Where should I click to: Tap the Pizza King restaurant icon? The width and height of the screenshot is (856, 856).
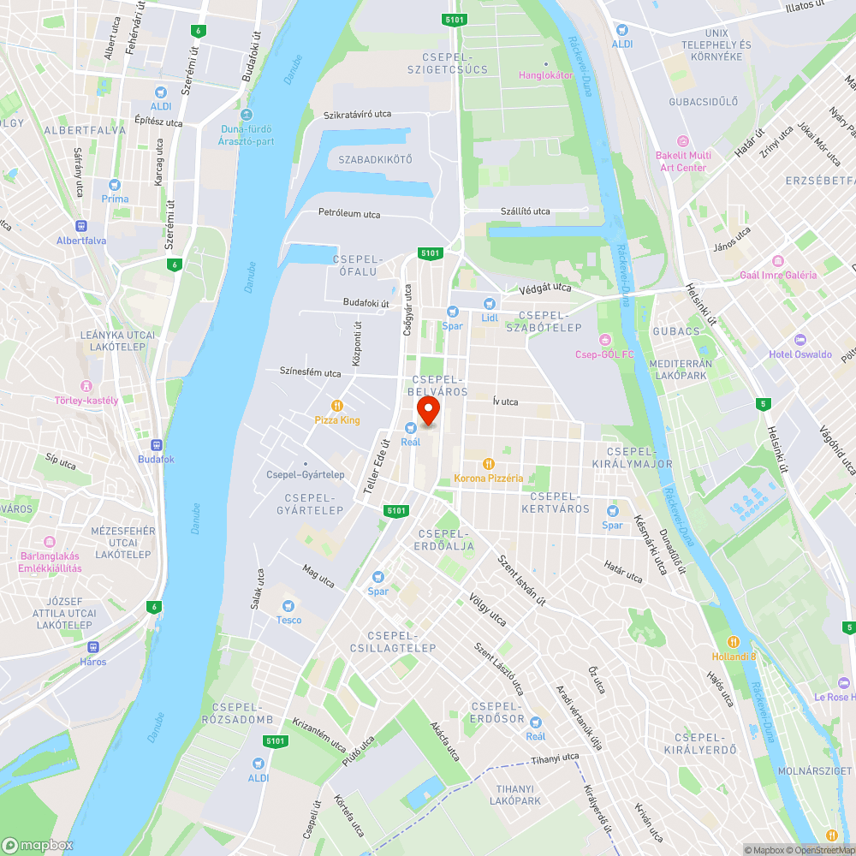pyautogui.click(x=337, y=406)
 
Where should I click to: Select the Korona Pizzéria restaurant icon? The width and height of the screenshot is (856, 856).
pyautogui.click(x=488, y=463)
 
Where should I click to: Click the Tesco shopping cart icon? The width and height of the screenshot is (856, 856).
pyautogui.click(x=288, y=605)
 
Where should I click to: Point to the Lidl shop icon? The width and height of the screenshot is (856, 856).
pyautogui.click(x=489, y=303)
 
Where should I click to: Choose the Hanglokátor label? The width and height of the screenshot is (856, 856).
pyautogui.click(x=545, y=74)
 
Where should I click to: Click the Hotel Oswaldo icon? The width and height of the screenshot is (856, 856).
pyautogui.click(x=800, y=340)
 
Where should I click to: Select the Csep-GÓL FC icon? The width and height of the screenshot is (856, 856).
pyautogui.click(x=605, y=340)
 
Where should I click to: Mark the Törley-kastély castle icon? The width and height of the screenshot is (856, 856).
pyautogui.click(x=86, y=386)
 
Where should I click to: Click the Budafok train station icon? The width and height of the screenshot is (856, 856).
pyautogui.click(x=156, y=444)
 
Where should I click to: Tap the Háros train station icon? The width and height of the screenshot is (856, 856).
pyautogui.click(x=93, y=647)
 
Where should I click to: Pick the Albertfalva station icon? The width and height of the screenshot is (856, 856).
pyautogui.click(x=81, y=226)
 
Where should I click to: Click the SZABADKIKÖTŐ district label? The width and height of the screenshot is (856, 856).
pyautogui.click(x=375, y=160)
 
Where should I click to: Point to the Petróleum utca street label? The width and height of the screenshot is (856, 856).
pyautogui.click(x=349, y=214)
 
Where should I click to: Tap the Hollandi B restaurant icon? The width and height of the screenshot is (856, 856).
pyautogui.click(x=734, y=642)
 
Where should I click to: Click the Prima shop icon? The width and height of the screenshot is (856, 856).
pyautogui.click(x=115, y=184)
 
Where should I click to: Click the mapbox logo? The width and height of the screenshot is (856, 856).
pyautogui.click(x=38, y=845)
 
